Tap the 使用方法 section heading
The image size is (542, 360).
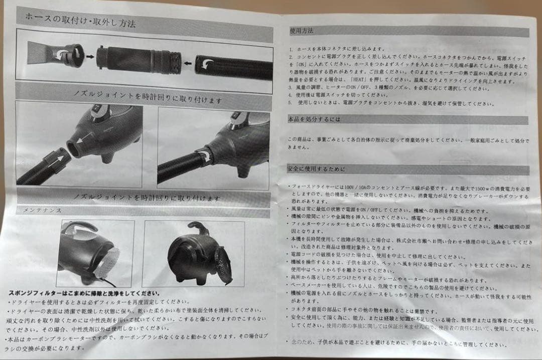tap(302, 31)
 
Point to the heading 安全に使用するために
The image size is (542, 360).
tap(316, 169)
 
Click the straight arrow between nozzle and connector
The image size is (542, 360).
tap(90, 56)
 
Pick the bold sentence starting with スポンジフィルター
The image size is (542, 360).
tap(84, 293)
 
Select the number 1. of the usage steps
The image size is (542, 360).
tap(291, 49)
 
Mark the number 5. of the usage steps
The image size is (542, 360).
tap(291, 103)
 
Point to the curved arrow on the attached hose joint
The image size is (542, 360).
tap(204, 155)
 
